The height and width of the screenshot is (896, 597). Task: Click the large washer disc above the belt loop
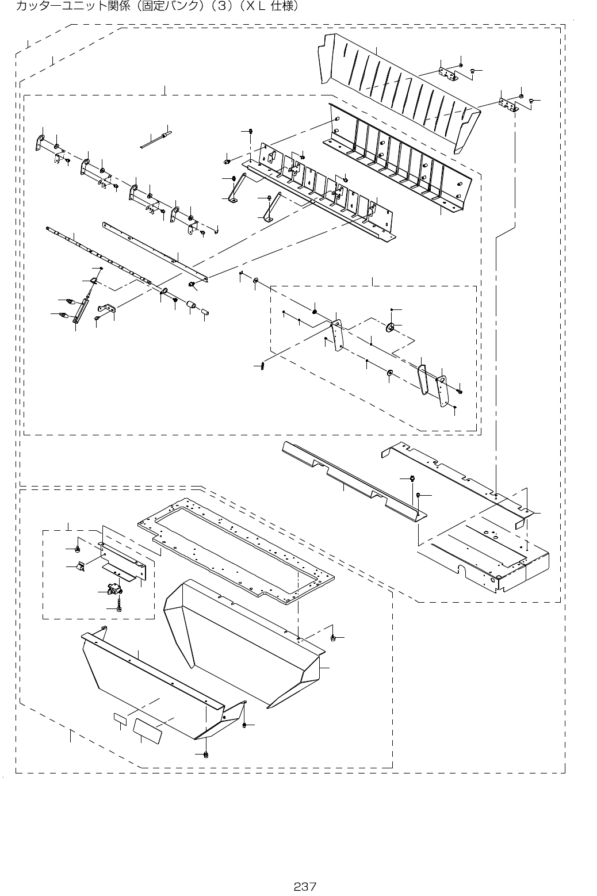pyautogui.click(x=389, y=328)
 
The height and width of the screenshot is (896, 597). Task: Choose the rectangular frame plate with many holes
pyautogui.click(x=236, y=552)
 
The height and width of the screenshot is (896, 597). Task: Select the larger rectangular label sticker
pyautogui.click(x=147, y=727)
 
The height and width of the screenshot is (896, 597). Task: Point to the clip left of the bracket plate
pyautogui.click(x=81, y=567)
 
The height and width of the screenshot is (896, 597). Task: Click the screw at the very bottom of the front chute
pyautogui.click(x=206, y=753)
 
